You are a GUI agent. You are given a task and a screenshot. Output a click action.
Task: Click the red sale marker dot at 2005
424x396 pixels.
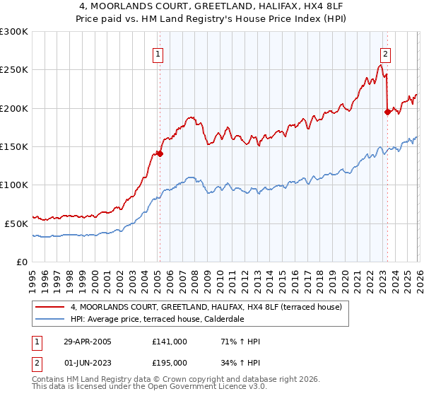pyautogui.click(x=160, y=153)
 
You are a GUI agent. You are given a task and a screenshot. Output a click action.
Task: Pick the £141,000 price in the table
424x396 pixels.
pyautogui.click(x=170, y=342)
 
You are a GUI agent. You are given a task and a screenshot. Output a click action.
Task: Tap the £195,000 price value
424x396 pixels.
pyautogui.click(x=170, y=363)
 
